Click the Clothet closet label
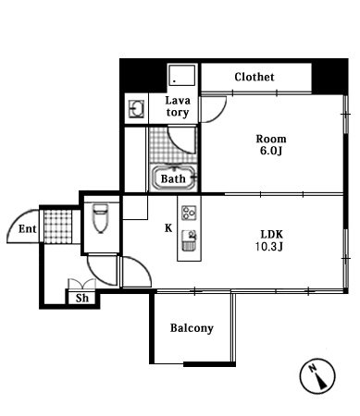tap(254, 77)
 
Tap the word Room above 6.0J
tap(271, 140)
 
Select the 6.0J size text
tap(271, 151)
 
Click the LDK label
tap(272, 235)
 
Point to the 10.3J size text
tap(269, 247)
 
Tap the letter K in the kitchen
tap(168, 228)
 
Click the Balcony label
tap(192, 328)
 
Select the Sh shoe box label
tap(82, 298)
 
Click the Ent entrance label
tap(27, 229)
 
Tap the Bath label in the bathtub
tap(173, 178)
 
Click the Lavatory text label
tap(178, 106)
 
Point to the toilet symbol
tap(101, 218)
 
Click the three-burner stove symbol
tap(189, 213)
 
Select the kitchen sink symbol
tap(189, 240)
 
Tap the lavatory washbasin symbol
tap(137, 109)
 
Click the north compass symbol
tap(317, 376)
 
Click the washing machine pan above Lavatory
tap(182, 75)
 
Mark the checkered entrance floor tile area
tap(57, 226)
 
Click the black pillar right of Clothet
tap(329, 77)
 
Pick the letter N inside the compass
tap(313, 368)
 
